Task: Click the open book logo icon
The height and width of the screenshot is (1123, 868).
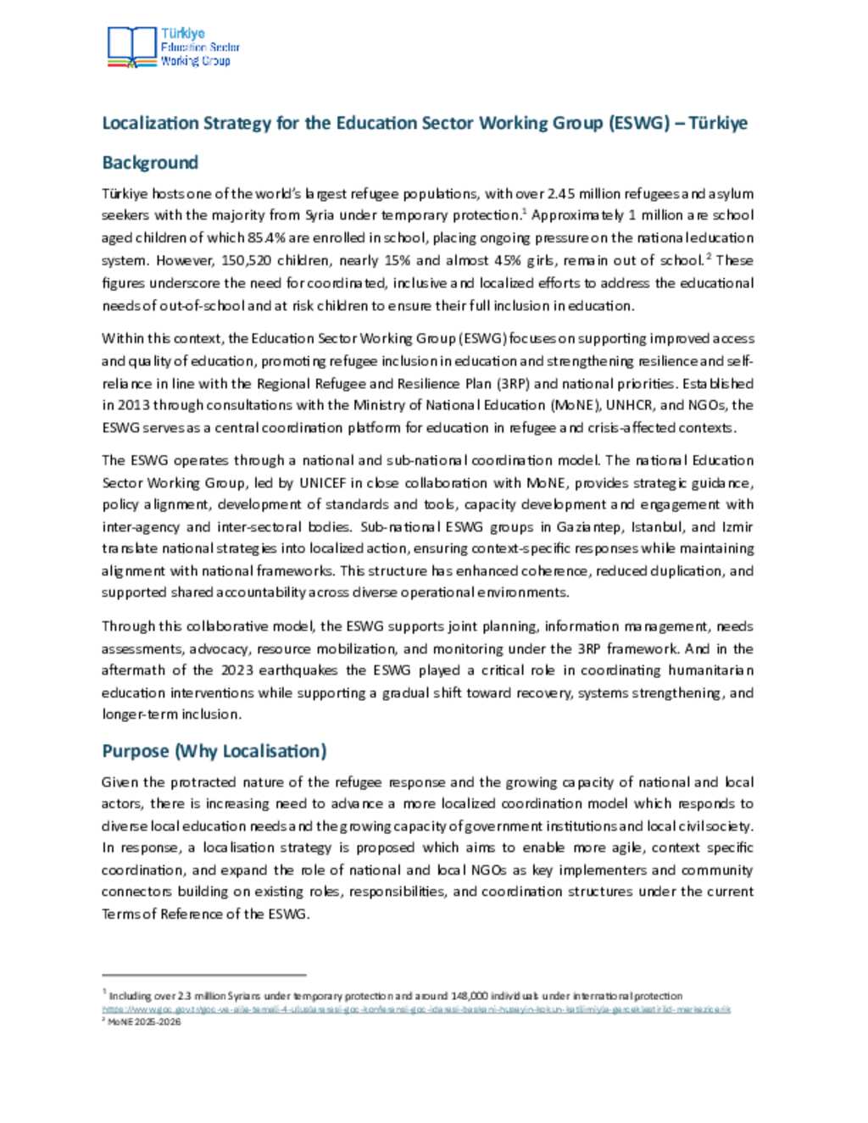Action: (x=132, y=47)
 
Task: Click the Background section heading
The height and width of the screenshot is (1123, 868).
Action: (x=150, y=163)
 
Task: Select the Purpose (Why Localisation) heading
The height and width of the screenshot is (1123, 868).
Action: (x=214, y=751)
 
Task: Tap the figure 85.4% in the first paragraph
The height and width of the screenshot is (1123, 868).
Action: (x=267, y=238)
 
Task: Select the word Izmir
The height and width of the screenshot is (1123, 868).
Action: (x=738, y=527)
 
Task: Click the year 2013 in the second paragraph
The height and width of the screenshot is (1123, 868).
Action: (x=134, y=405)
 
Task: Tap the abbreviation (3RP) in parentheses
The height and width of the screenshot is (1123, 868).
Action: (x=513, y=383)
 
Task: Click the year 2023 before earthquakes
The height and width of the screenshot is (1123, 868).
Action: (x=236, y=670)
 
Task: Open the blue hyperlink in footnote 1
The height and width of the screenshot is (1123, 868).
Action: (x=416, y=1009)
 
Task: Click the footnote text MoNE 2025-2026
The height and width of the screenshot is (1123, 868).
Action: (x=143, y=1021)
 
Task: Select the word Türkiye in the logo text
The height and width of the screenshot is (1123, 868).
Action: (x=183, y=34)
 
